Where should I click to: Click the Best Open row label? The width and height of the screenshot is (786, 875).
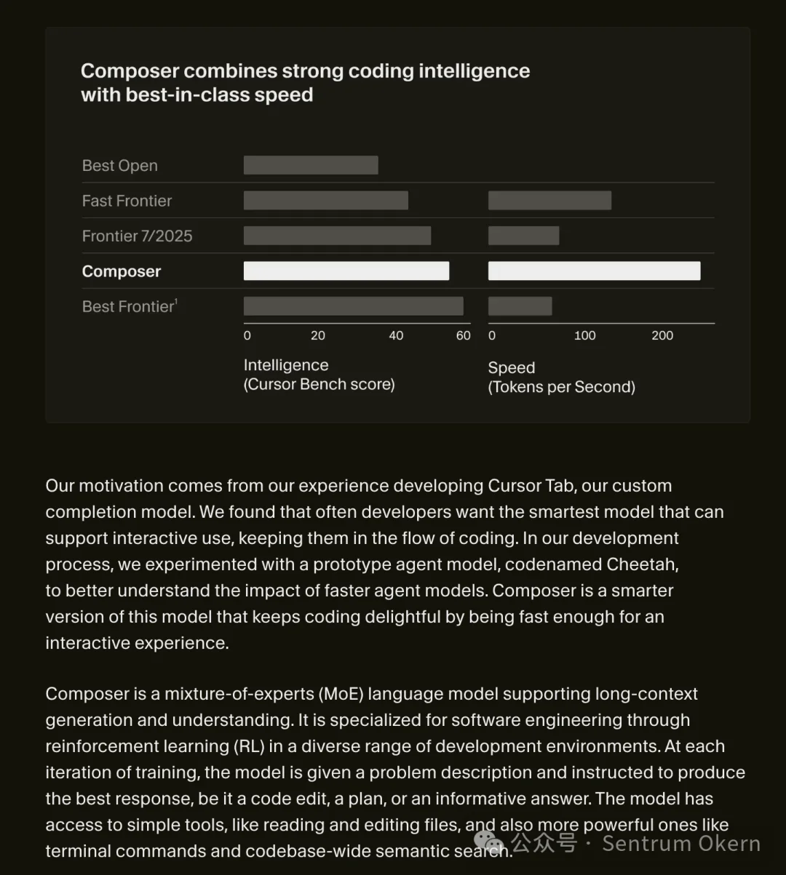[120, 166]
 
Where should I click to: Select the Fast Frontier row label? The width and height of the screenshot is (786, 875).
[127, 201]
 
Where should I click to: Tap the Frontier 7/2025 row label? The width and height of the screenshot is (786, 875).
[138, 236]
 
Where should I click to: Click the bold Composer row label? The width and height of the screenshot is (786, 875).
[122, 271]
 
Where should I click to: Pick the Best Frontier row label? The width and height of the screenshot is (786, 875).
[130, 306]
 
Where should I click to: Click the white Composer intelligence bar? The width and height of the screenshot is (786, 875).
[346, 271]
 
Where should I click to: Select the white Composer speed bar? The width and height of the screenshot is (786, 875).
[594, 271]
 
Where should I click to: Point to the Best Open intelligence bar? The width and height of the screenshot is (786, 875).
[311, 165]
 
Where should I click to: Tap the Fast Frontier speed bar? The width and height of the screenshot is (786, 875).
[549, 201]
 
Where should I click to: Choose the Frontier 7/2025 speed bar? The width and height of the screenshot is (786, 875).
[523, 236]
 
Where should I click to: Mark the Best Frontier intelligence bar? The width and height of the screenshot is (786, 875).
[354, 306]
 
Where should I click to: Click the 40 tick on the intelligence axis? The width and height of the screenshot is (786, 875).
[396, 335]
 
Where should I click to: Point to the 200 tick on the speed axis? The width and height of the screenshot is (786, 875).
[662, 335]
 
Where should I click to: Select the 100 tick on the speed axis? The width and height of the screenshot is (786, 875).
[584, 335]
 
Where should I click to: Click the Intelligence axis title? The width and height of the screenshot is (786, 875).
[286, 365]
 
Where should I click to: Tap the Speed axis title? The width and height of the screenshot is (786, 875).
[512, 368]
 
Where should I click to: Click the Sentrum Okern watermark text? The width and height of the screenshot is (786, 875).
[681, 844]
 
